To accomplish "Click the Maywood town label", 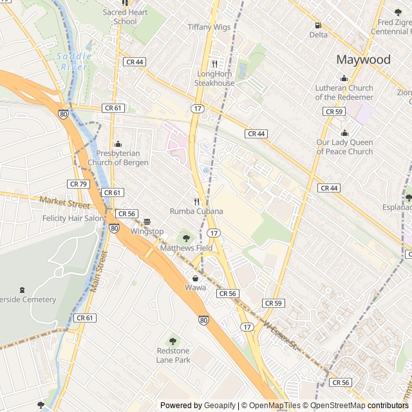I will click(x=363, y=60).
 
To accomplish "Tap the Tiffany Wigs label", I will click(x=209, y=27).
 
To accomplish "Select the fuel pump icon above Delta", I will click(x=318, y=25).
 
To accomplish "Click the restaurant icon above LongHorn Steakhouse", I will click(x=215, y=64).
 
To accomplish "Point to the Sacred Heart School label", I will click(x=125, y=17).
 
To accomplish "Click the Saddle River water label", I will click(x=75, y=61).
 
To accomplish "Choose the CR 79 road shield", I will click(x=78, y=184).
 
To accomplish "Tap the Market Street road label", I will click(x=64, y=203).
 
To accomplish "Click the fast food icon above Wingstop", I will click(x=147, y=221).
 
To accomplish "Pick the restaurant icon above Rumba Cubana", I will click(x=196, y=201).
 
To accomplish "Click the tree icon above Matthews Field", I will click(x=186, y=238).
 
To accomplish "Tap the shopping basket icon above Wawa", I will click(x=195, y=278).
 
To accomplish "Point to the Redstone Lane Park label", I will click(x=173, y=355).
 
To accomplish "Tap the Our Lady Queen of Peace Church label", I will click(x=344, y=147).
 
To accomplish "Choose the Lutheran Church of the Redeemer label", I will click(x=344, y=93).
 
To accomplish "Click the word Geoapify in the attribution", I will click(x=220, y=406).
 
